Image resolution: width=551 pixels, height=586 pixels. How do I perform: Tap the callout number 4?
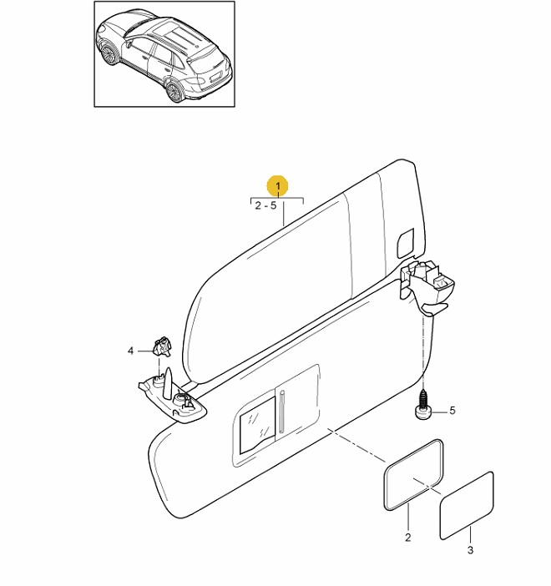tap(130, 351)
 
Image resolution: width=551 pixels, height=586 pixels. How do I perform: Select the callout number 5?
tap(452, 411)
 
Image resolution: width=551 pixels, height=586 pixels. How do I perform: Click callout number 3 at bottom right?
tap(470, 550)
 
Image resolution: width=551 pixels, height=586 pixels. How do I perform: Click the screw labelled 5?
tap(424, 407)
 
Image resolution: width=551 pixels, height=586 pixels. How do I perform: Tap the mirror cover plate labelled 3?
tap(468, 505)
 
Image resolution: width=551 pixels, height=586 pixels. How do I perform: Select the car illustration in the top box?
tap(164, 55)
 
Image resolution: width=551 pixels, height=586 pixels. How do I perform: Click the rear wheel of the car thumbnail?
tap(175, 90)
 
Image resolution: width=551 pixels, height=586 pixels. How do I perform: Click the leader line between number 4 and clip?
tap(143, 351)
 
